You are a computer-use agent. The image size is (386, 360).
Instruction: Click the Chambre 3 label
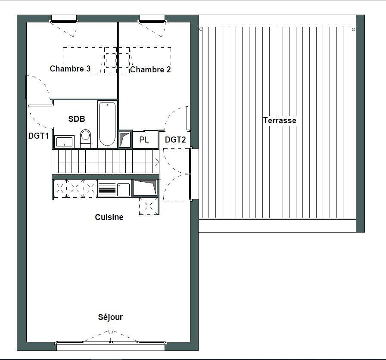pyautogui.click(x=70, y=68)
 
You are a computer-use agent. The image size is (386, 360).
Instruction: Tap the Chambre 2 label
pyautogui.click(x=150, y=70)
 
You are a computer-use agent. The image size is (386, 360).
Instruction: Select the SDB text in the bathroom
pyautogui.click(x=77, y=119)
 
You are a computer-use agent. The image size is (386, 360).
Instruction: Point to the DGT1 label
pyautogui.click(x=38, y=136)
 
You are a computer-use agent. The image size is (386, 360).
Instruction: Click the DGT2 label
pyautogui.click(x=175, y=140)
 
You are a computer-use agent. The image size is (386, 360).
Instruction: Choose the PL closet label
pyautogui.click(x=144, y=140)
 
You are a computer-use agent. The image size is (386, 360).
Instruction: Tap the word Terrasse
pyautogui.click(x=280, y=121)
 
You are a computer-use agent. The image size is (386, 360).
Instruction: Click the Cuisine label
pyautogui.click(x=109, y=217)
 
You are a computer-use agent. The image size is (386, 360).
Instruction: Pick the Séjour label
pyautogui.click(x=110, y=317)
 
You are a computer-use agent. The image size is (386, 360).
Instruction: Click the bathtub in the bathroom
pyautogui.click(x=107, y=124)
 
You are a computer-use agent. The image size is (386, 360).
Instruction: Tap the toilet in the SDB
pyautogui.click(x=86, y=138)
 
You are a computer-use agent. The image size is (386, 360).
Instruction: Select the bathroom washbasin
pyautogui.click(x=64, y=142)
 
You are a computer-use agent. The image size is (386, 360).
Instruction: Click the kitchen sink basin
pyautogui.click(x=123, y=190)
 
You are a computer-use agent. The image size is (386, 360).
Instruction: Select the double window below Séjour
pyautogui.click(x=111, y=342)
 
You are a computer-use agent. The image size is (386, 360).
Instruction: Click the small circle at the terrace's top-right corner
pyautogui.click(x=354, y=30)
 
